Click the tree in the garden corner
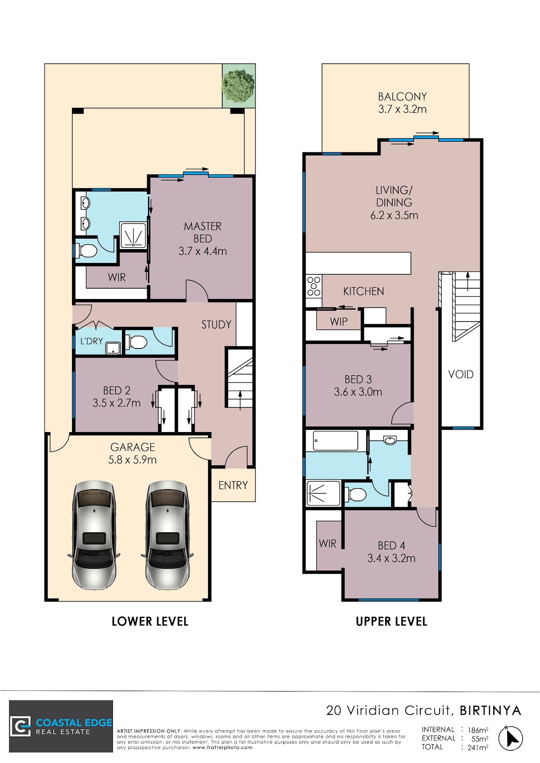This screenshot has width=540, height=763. (238, 85)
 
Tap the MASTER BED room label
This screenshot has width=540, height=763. (203, 232)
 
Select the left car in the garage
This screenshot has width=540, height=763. (94, 535)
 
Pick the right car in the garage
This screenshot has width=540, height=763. (167, 535)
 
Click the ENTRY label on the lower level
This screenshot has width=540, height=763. (233, 485)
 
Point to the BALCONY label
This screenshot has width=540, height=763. (402, 97)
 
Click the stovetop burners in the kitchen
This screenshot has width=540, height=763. (314, 286)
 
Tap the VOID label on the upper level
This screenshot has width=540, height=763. (461, 375)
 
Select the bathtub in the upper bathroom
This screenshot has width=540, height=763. (335, 441)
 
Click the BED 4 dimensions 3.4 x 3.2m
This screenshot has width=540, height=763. (391, 558)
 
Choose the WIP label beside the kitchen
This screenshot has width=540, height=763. (338, 321)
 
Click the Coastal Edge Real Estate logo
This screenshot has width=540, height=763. (61, 726)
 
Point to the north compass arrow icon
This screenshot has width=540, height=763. (511, 738)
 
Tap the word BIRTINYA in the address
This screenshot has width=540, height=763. (490, 710)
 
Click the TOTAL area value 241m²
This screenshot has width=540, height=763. (477, 747)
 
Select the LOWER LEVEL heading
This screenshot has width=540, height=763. (150, 622)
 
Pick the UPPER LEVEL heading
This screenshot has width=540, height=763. (391, 622)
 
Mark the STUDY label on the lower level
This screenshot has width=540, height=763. (216, 325)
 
